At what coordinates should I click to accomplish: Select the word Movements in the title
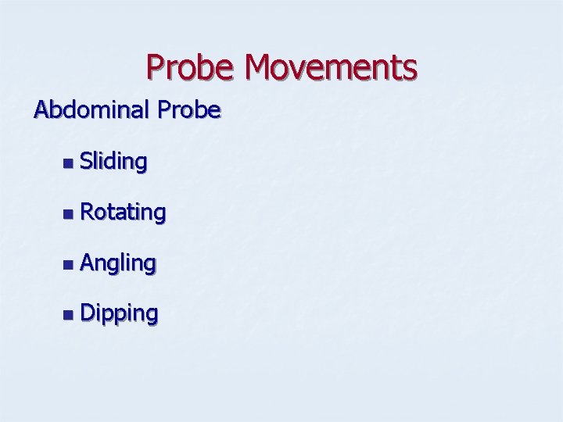330,68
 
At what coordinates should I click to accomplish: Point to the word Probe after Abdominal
188,110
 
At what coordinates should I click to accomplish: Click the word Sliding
113,162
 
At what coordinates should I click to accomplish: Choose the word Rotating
123,212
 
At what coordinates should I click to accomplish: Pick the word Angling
118,263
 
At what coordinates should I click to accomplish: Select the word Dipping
119,314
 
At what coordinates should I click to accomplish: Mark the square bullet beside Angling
69,264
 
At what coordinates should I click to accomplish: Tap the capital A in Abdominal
41,109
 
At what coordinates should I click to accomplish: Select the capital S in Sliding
86,162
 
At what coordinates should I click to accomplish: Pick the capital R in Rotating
87,212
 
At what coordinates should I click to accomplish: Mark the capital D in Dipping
87,313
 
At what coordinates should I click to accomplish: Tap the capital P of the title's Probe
155,68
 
